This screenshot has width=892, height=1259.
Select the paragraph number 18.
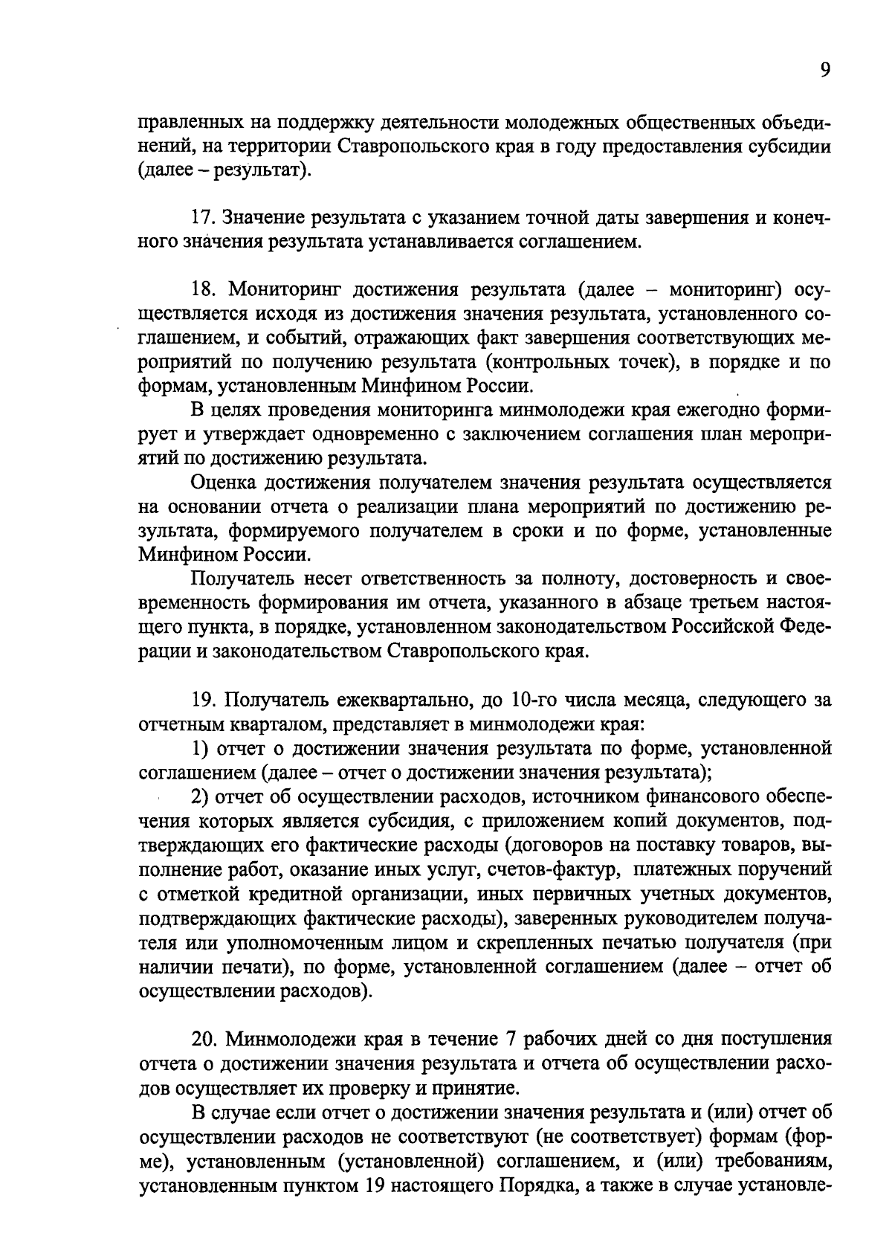click(x=203, y=290)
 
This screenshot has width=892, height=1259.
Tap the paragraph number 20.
click(x=204, y=1038)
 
